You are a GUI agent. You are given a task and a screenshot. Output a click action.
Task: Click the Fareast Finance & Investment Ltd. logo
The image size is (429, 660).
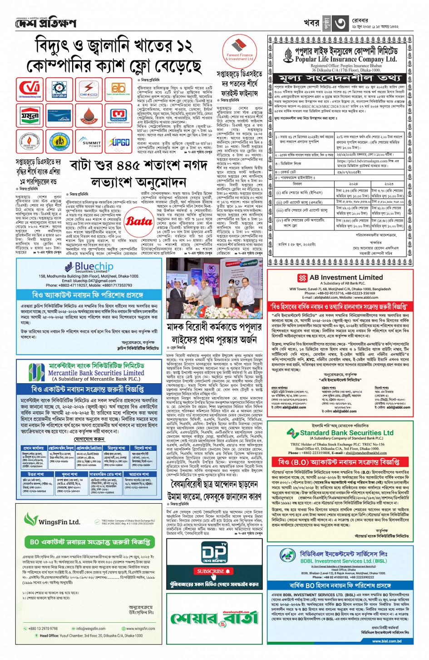[240, 50]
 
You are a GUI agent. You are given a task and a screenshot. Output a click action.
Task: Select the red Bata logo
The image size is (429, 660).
[139, 221]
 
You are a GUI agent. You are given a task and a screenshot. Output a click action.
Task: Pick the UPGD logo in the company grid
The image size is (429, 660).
[119, 142]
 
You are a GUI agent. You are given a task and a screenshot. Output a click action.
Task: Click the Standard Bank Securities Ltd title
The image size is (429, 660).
[346, 433]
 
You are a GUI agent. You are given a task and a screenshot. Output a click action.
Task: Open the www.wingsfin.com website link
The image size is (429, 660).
[140, 629]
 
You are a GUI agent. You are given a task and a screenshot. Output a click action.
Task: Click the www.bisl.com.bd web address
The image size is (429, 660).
[386, 641]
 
